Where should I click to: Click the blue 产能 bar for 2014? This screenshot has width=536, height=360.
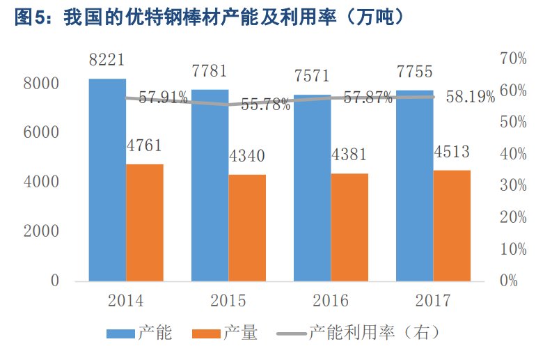107,181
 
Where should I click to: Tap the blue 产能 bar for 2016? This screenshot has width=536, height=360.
312,188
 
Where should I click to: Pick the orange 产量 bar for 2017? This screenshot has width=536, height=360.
452,226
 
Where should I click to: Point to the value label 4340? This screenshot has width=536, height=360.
247,157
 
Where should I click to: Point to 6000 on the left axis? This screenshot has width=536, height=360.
42,133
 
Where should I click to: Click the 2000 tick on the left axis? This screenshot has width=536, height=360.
42,232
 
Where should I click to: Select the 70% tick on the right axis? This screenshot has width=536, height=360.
513,58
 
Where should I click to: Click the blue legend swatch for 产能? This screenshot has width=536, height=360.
120,334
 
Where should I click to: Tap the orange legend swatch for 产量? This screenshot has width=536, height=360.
206,334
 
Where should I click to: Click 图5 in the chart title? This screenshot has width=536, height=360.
29,19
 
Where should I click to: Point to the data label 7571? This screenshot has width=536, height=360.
312,76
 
